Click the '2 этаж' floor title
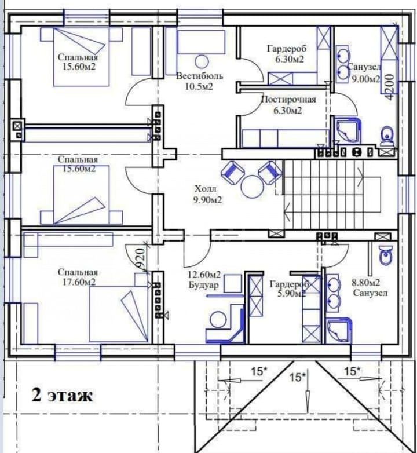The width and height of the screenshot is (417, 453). [x=62, y=395]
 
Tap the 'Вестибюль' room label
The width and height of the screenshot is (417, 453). [x=200, y=76]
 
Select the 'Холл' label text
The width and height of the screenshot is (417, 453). [x=206, y=189]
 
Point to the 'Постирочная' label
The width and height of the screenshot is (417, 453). [x=288, y=100]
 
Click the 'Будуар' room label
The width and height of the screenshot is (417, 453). [x=204, y=285]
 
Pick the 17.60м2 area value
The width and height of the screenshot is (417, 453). [x=79, y=282]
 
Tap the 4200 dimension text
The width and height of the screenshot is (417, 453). [x=390, y=87]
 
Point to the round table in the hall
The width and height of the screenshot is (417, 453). [x=253, y=187]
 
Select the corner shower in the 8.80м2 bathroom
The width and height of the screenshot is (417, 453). [x=339, y=330]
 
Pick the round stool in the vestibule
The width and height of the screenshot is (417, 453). [x=202, y=61]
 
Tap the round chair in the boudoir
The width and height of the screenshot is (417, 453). [x=218, y=320]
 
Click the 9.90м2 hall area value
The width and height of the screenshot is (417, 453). [x=208, y=200]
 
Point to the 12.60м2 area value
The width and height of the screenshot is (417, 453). [x=204, y=275]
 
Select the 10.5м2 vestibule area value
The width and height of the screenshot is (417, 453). [x=199, y=86]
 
